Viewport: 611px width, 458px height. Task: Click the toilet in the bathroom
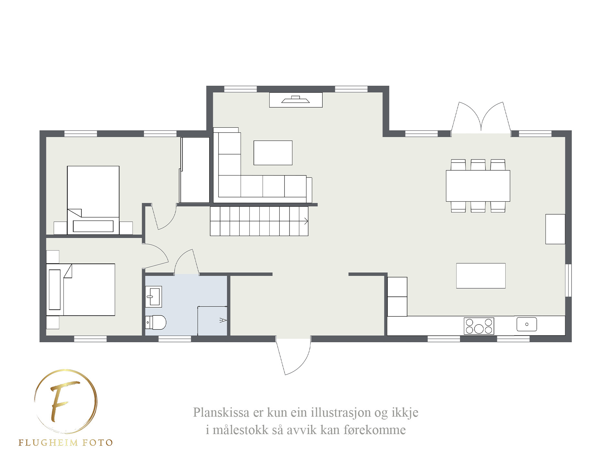click(x=155, y=322)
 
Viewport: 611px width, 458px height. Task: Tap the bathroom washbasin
click(x=153, y=296)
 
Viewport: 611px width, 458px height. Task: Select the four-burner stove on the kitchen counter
click(x=479, y=326)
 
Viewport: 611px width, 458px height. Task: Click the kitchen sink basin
click(x=527, y=324)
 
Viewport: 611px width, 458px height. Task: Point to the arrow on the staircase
click(x=306, y=221)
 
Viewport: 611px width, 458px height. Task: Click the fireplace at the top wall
click(x=296, y=100)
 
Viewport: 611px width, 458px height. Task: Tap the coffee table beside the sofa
click(x=273, y=153)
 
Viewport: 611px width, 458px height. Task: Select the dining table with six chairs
click(x=478, y=186)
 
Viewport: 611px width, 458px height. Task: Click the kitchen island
click(x=481, y=276)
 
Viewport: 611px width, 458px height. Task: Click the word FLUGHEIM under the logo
click(x=48, y=442)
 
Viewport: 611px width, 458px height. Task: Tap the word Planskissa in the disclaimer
click(x=221, y=412)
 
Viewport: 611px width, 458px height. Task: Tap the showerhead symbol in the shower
click(x=223, y=320)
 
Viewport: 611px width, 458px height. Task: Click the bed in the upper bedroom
click(x=93, y=200)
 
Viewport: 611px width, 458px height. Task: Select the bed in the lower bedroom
click(x=80, y=290)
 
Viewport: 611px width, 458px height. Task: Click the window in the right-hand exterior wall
click(x=568, y=280)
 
